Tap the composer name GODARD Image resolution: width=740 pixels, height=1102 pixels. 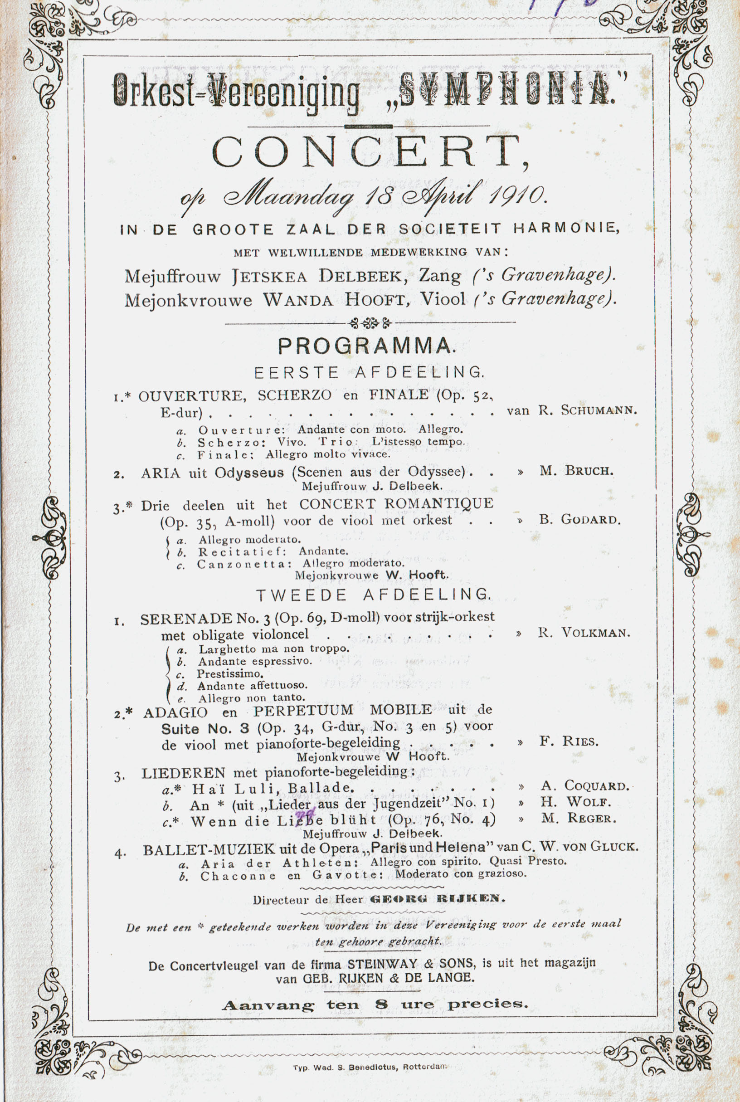coord(590,520)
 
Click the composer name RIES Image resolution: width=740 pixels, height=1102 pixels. coord(580,741)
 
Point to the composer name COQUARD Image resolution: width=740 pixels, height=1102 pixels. coord(597,786)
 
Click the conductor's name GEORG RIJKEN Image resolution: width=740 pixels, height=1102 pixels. coord(438,899)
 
